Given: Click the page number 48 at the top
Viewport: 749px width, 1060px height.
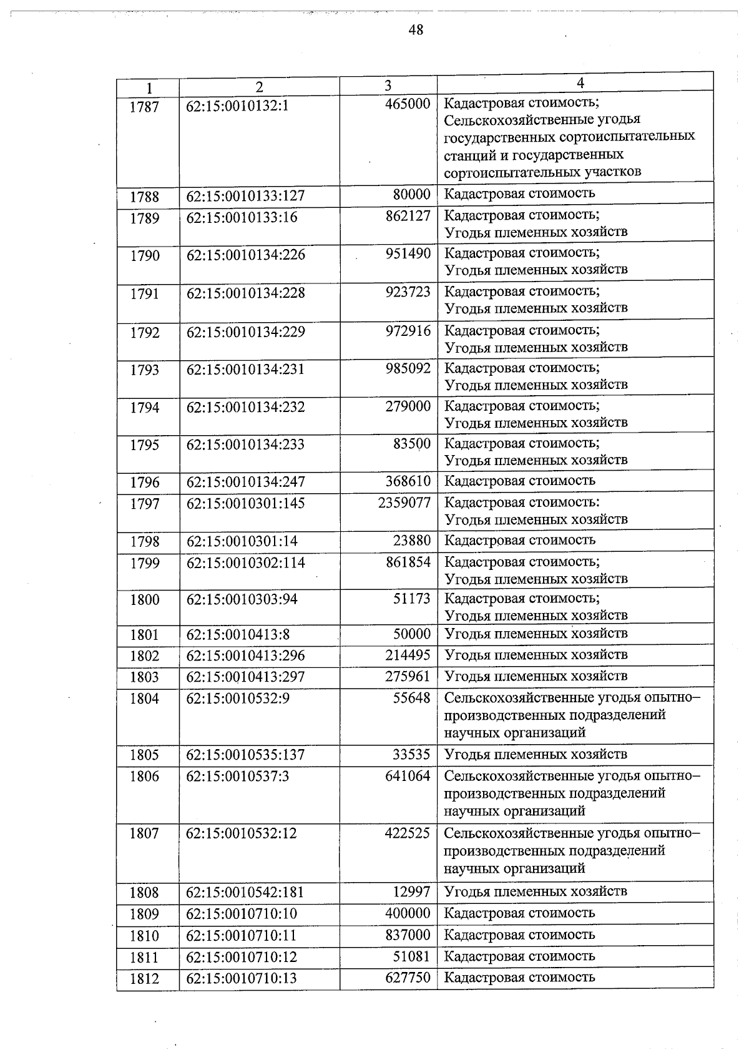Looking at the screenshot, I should click(416, 29).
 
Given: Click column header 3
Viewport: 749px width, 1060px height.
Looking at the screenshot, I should click(388, 86).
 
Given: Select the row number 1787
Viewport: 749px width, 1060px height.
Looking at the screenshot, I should click(144, 107).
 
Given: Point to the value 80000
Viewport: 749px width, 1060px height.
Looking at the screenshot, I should click(411, 194).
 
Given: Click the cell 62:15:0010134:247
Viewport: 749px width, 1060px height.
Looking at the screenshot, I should click(245, 482).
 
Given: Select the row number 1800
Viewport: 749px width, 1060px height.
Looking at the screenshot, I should click(144, 600).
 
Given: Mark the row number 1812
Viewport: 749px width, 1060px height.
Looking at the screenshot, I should click(144, 979).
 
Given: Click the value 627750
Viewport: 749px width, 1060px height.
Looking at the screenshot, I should click(408, 978).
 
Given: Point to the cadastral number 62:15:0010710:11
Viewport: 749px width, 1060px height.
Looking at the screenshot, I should click(242, 935).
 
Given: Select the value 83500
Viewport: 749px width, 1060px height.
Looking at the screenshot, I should click(411, 444).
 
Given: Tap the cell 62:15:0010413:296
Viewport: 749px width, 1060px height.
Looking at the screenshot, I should click(245, 655).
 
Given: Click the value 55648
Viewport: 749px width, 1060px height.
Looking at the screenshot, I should click(411, 698).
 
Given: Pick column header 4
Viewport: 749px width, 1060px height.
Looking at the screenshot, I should click(580, 83).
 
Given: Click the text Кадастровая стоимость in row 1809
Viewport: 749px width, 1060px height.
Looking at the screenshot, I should click(519, 913).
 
